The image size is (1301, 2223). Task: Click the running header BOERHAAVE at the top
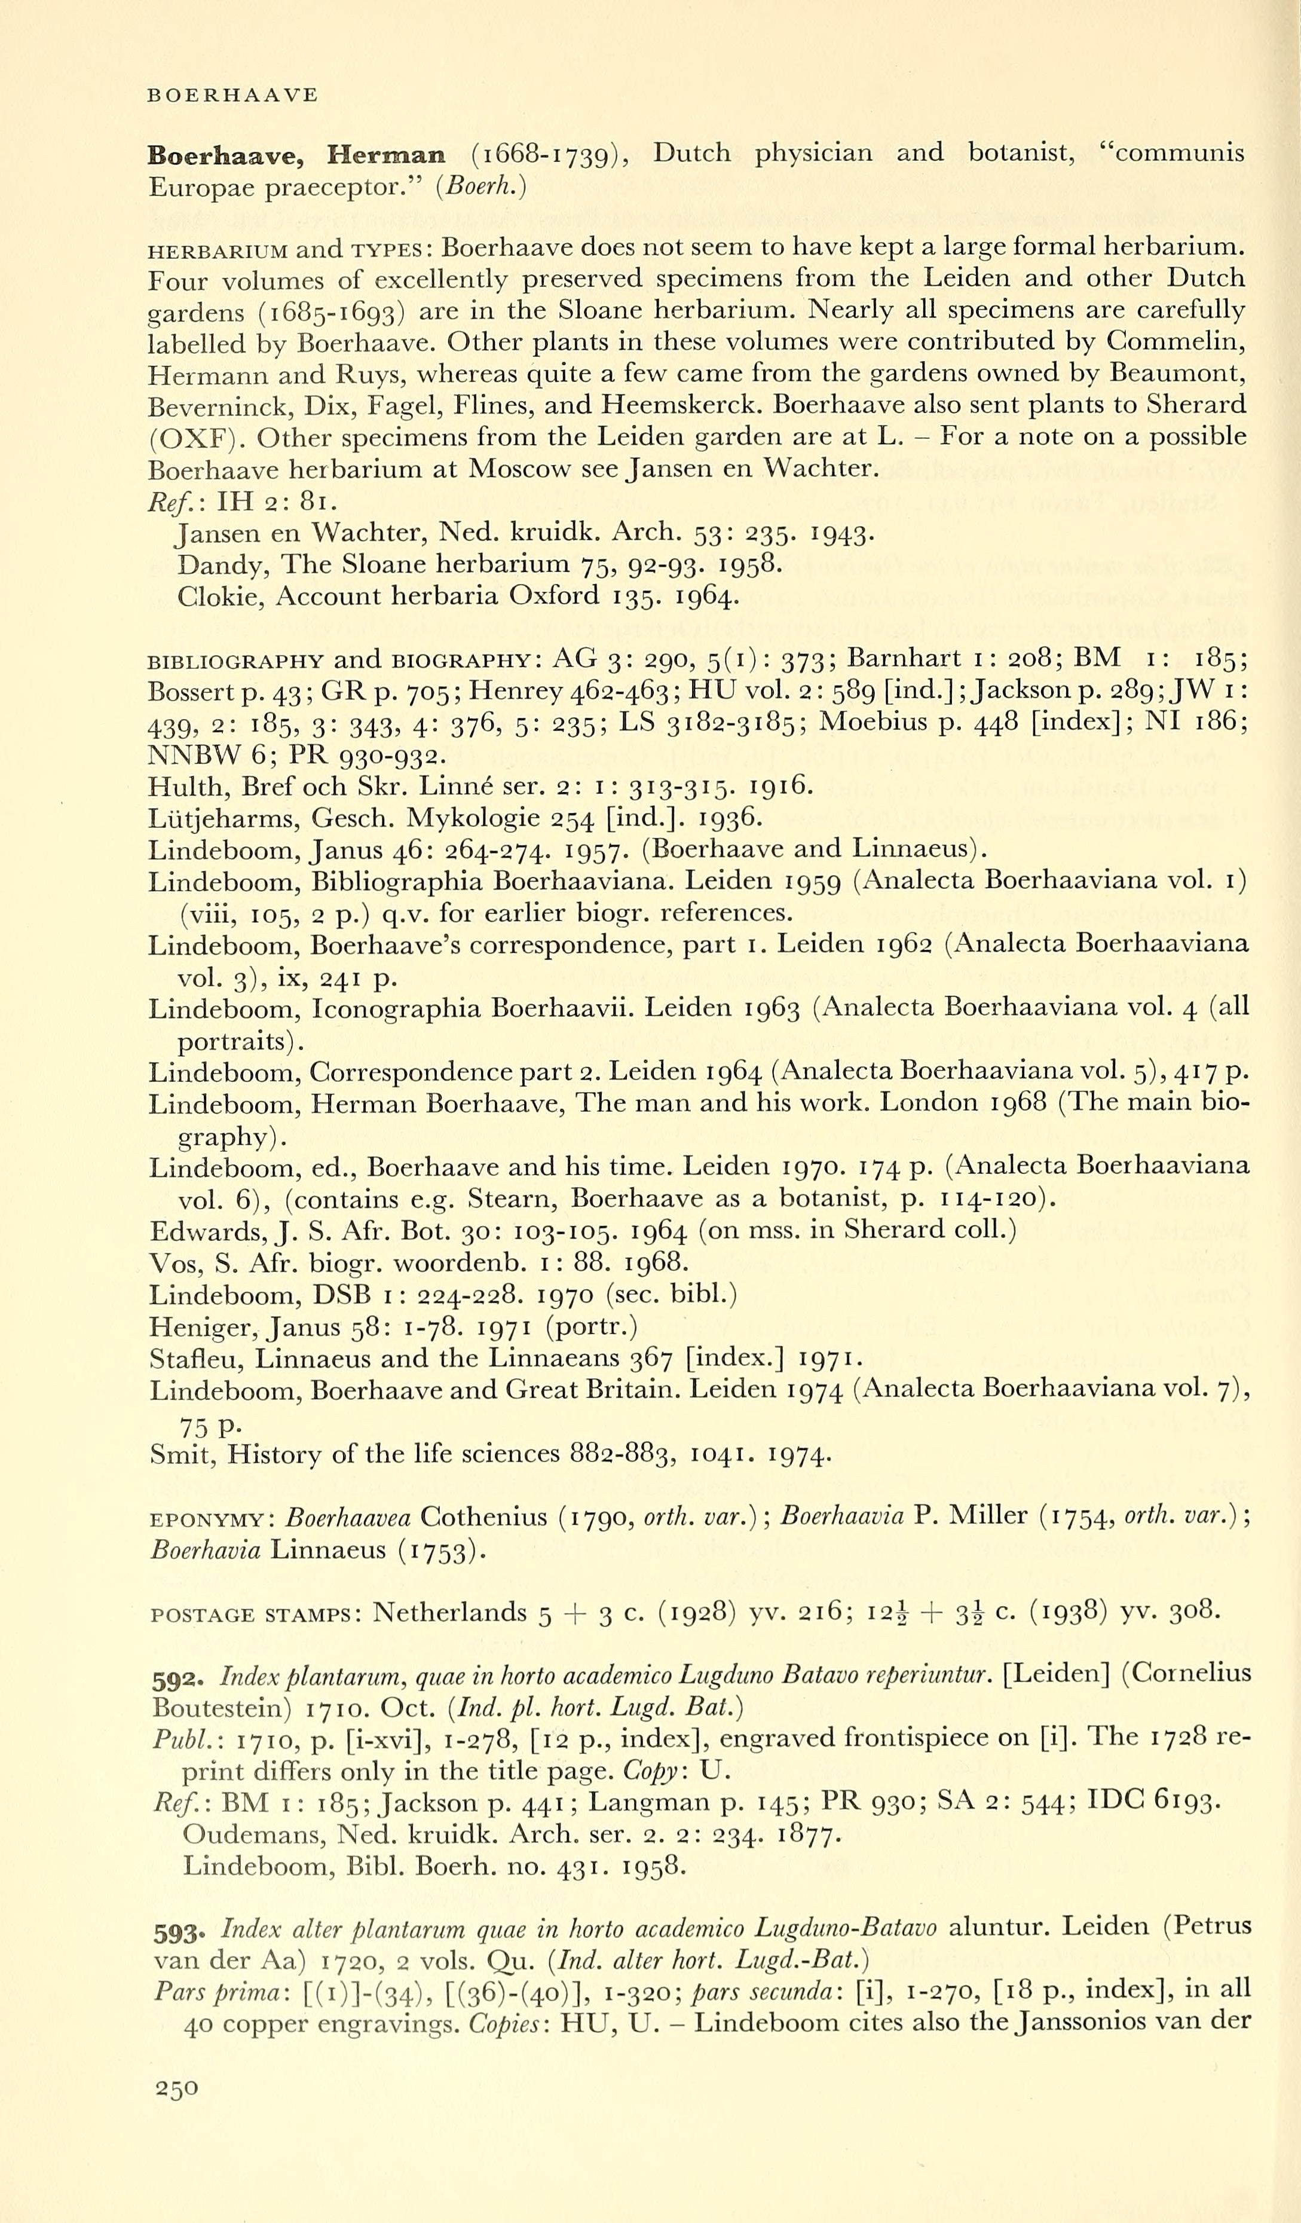(x=232, y=95)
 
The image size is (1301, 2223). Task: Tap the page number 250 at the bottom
(x=176, y=2088)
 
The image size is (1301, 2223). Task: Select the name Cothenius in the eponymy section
(x=483, y=1517)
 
